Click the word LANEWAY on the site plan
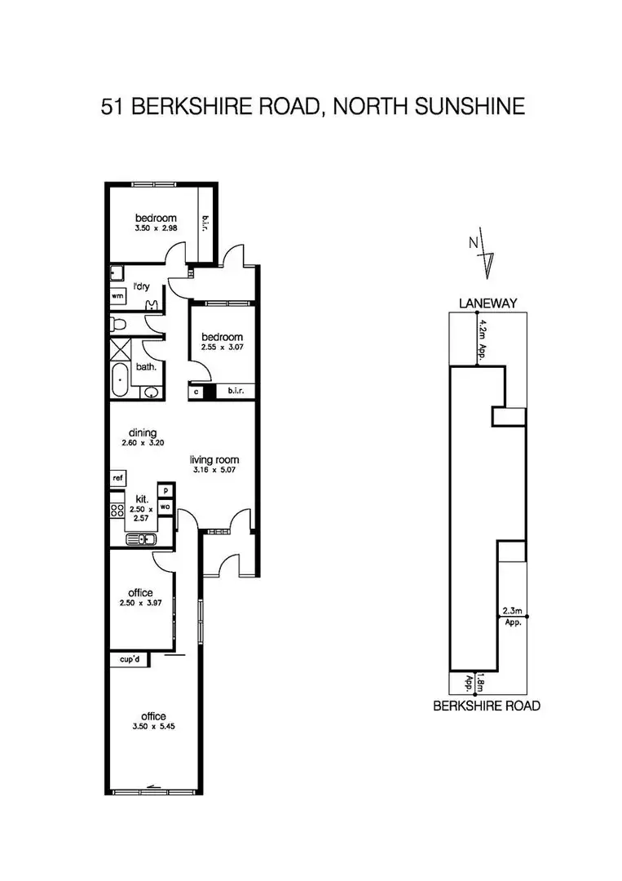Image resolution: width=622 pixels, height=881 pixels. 487,303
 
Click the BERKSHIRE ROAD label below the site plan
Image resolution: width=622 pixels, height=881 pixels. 487,706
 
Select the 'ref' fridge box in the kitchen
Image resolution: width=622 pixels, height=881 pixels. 118,478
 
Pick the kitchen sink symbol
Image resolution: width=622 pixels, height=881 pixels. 141,540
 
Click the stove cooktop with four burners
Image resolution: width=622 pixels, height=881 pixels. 117,510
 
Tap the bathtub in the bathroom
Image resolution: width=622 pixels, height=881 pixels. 120,380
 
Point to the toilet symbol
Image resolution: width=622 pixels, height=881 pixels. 118,324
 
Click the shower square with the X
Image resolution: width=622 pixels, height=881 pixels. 120,349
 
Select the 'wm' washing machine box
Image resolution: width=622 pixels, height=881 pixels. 118,295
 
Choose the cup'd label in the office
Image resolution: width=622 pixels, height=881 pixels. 130,660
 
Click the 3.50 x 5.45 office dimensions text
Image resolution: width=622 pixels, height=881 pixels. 153,727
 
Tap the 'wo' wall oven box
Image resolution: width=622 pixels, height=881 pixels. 165,507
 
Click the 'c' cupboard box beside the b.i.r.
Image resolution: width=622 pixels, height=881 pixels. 196,392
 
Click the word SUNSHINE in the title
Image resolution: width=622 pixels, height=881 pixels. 470,107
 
